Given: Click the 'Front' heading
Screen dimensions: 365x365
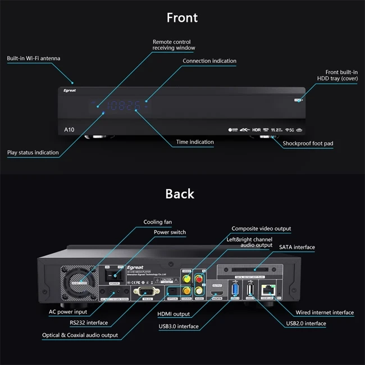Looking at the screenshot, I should (x=182, y=17).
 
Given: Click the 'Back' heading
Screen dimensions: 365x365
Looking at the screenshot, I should (x=180, y=194).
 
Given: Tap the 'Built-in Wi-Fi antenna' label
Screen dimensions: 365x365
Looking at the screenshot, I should (x=34, y=58).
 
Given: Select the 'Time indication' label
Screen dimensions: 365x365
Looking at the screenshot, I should (x=194, y=142).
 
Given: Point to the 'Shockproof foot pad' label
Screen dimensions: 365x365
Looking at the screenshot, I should (x=308, y=144).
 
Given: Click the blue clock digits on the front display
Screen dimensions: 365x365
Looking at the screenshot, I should (x=124, y=105).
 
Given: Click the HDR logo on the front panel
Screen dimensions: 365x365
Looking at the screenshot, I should (x=257, y=130).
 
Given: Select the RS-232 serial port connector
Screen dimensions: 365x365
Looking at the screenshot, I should (x=146, y=291).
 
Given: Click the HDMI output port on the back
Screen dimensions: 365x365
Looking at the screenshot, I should (x=217, y=293).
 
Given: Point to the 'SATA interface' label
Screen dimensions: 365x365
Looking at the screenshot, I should (x=297, y=247).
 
